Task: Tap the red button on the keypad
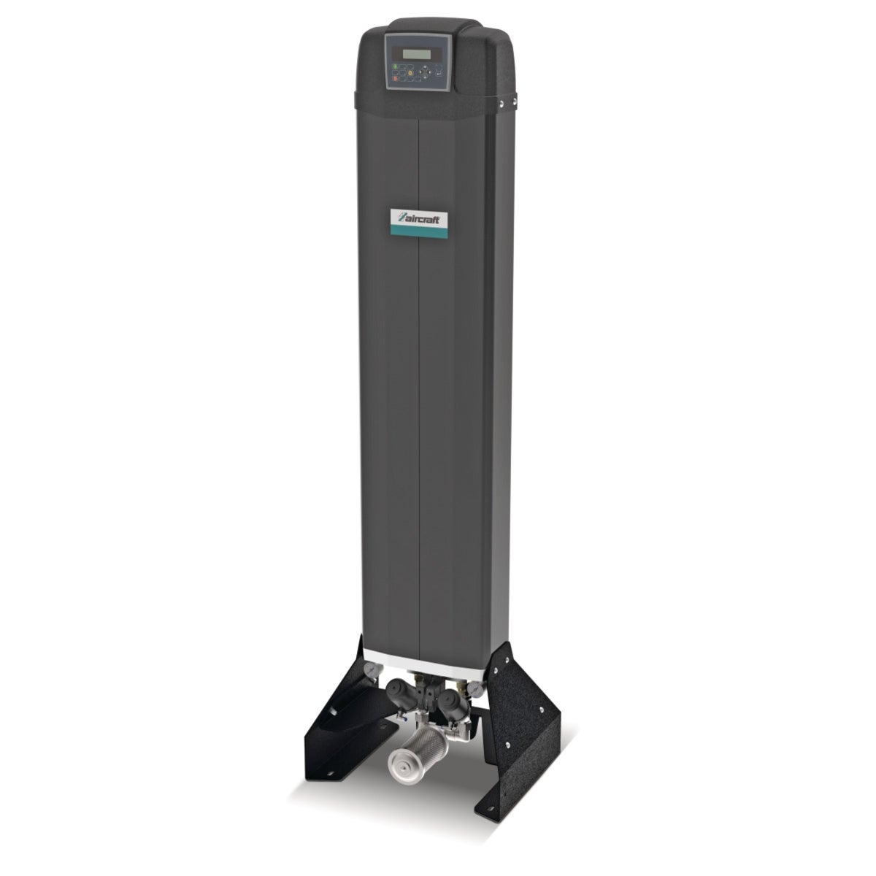point(396,78)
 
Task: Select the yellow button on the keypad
point(410,73)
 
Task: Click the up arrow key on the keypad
point(425,67)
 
